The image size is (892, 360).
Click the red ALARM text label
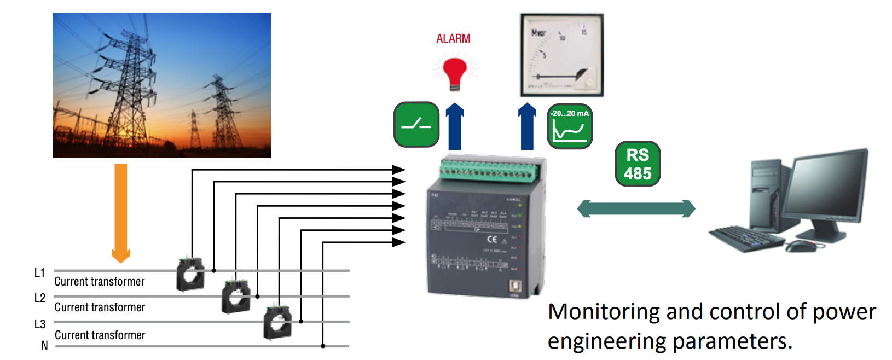tap(453, 38)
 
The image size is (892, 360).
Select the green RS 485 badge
tap(638, 164)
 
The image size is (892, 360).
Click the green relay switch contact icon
tap(416, 124)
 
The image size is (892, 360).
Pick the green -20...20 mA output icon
tap(570, 126)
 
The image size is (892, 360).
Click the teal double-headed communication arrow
tap(636, 208)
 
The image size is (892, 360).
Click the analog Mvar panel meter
tap(561, 55)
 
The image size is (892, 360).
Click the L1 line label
tap(39, 272)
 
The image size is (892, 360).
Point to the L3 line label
tap(39, 324)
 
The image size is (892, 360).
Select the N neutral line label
tap(44, 345)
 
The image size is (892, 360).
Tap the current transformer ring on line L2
tap(236, 297)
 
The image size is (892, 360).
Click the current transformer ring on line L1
tap(190, 274)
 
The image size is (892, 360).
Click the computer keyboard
tap(747, 239)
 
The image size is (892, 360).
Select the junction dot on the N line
tap(323, 346)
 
